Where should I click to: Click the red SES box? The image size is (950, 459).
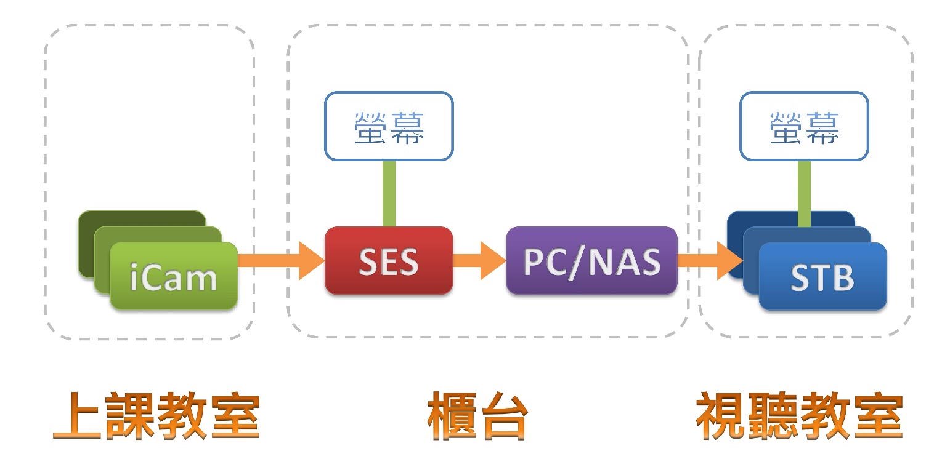(388, 261)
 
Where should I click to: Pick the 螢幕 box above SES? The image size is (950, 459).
(389, 126)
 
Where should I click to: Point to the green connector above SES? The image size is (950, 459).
(389, 193)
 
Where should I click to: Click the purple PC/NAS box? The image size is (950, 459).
(591, 261)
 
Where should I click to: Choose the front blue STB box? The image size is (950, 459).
(822, 277)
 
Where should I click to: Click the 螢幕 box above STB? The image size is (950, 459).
(804, 126)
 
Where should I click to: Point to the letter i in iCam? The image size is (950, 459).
(135, 278)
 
